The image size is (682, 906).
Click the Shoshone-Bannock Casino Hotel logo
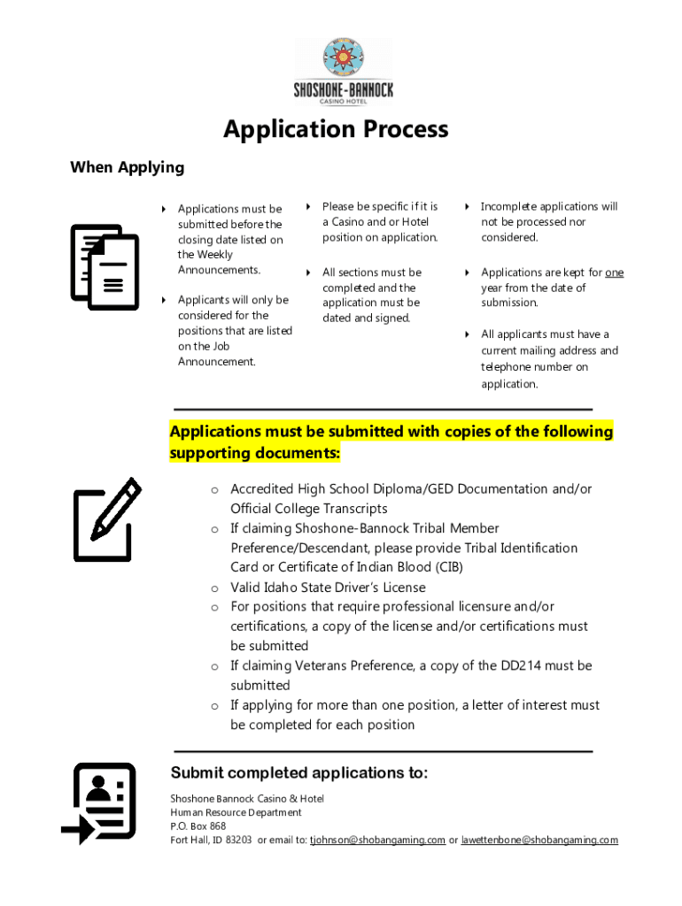point(343,72)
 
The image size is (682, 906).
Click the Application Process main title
point(336,130)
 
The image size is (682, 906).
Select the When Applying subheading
point(128,167)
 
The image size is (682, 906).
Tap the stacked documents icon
point(105,266)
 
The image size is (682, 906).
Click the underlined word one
point(614,273)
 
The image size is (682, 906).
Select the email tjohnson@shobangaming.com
point(377,840)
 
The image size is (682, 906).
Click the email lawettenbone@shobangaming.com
point(539,840)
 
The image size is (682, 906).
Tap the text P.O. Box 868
point(198,826)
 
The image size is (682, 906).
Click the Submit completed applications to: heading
point(299,773)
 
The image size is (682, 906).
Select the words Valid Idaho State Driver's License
point(328,587)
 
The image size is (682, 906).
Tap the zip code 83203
point(238,840)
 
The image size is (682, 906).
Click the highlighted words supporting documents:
point(255,453)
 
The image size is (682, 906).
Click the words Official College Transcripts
point(309,509)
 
